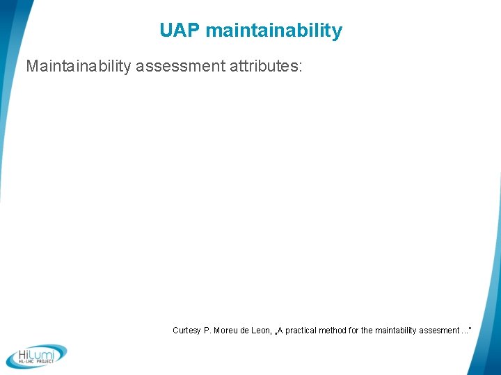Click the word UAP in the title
(180, 31)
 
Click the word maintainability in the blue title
(274, 31)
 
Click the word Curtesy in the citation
(186, 331)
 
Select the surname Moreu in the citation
(226, 331)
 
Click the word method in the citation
(335, 331)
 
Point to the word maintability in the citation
(394, 331)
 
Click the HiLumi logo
(37, 356)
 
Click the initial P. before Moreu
(207, 331)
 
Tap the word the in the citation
(367, 331)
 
